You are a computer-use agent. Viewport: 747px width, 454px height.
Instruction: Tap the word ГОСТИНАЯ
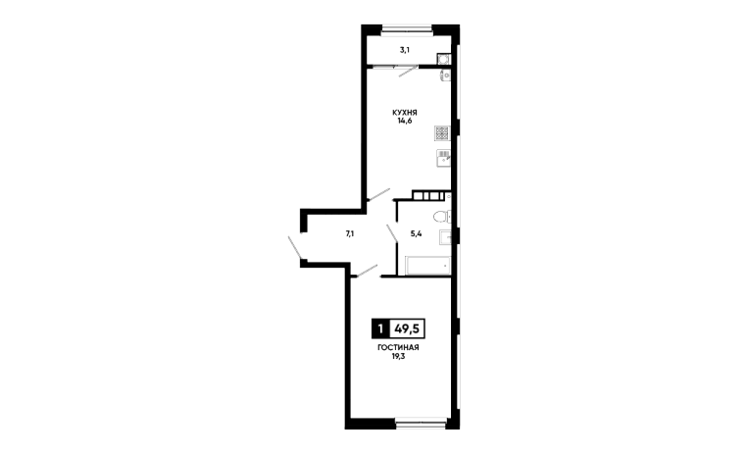point(398,349)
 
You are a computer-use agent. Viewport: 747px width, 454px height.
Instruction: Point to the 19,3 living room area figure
point(398,359)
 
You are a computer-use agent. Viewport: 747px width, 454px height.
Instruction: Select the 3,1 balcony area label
point(402,47)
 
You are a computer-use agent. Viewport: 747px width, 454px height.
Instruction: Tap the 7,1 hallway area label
point(349,233)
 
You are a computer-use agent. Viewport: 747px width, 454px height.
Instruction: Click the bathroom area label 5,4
point(416,233)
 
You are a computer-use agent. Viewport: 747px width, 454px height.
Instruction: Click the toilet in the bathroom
point(441,217)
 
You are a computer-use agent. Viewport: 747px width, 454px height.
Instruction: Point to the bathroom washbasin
point(445,236)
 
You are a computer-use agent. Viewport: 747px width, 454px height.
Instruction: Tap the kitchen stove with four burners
point(443,136)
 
